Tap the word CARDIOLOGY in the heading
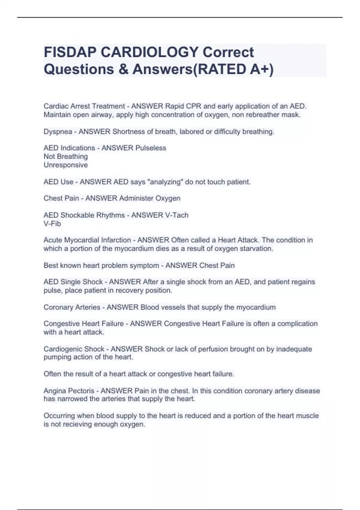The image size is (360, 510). pyautogui.click(x=149, y=52)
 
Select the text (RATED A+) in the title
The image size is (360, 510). pyautogui.click(x=234, y=69)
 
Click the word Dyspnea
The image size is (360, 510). pyautogui.click(x=58, y=132)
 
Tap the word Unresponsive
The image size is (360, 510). pyautogui.click(x=66, y=165)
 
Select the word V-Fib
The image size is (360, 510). pyautogui.click(x=52, y=224)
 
